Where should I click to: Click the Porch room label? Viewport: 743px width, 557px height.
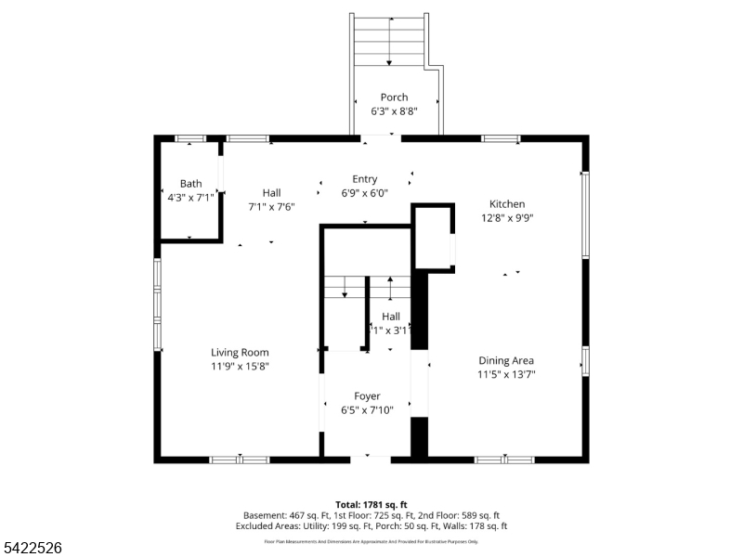tap(394, 97)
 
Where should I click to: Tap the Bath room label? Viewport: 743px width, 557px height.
tap(190, 184)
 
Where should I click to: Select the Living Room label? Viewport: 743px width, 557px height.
tap(240, 352)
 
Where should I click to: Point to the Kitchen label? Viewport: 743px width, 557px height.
tap(507, 204)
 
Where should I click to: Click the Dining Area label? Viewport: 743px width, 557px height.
tap(506, 360)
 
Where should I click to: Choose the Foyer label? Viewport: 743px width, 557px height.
tap(367, 395)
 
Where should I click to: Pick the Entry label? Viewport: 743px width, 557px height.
tap(364, 179)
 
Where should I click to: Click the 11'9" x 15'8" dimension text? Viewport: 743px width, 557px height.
tap(240, 366)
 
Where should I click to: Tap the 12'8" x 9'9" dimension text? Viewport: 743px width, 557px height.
tap(507, 218)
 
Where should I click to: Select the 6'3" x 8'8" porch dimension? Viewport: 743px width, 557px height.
tap(394, 110)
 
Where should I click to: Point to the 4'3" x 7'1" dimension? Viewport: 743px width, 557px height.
tap(190, 198)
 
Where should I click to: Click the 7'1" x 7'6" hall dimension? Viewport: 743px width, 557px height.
tap(271, 207)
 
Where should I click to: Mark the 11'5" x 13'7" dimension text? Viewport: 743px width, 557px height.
tap(506, 374)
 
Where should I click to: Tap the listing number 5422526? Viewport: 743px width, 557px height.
tap(32, 549)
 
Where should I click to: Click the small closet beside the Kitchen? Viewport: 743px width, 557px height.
tap(432, 238)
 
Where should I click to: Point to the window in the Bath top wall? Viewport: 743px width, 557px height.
tap(190, 139)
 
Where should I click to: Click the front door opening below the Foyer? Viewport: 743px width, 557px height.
tap(370, 457)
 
